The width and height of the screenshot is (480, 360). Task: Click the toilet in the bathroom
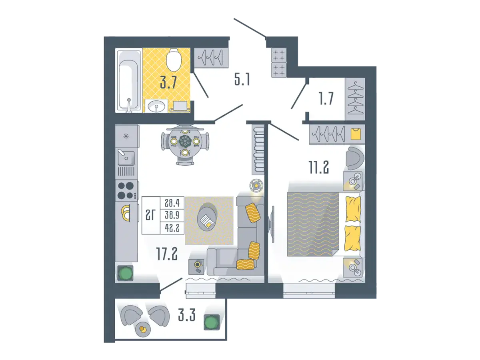[174, 60]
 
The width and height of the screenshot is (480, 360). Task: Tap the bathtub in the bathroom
[129, 80]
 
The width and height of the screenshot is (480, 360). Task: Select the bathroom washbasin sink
[156, 106]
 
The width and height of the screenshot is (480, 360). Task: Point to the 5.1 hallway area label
[242, 79]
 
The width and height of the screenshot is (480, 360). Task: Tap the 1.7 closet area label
[326, 98]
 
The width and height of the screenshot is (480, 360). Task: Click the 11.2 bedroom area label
[319, 168]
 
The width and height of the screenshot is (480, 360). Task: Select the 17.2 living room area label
[167, 254]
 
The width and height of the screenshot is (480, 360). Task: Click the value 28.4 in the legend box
[172, 203]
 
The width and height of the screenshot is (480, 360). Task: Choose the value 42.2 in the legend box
[172, 228]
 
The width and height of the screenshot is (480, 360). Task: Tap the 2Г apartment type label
[150, 215]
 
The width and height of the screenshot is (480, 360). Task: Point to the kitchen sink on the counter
[126, 157]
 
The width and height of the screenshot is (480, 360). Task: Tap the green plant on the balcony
[212, 322]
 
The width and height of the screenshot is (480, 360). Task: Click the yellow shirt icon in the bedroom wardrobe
[356, 134]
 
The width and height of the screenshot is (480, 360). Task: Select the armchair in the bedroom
[355, 158]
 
